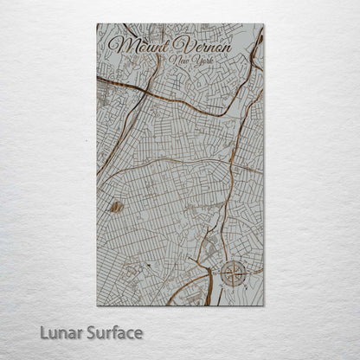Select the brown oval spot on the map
click(116, 207)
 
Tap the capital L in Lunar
click(43, 332)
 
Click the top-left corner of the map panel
click(97, 24)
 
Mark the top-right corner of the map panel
click(264, 24)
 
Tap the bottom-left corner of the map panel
click(97, 305)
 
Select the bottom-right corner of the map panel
click(264, 305)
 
